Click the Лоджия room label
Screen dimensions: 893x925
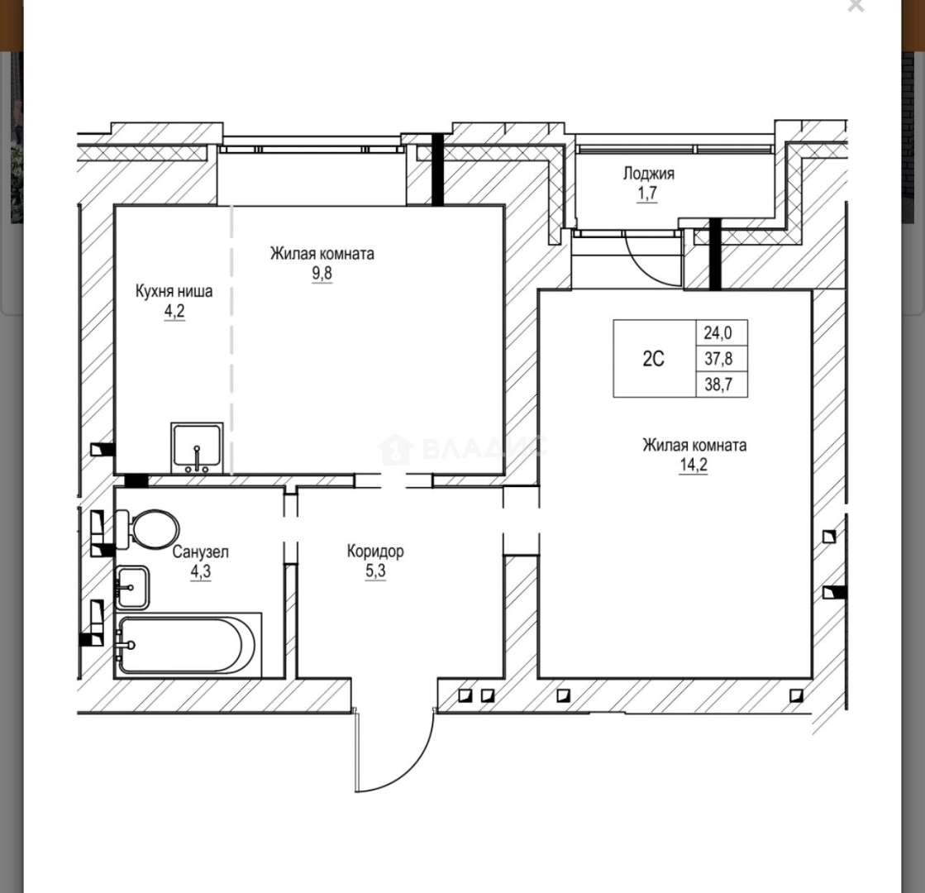[648, 174]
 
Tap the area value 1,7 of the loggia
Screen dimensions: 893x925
[647, 194]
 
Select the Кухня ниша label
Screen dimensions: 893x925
[174, 291]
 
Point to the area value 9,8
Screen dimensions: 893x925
[322, 274]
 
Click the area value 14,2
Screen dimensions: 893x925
[694, 466]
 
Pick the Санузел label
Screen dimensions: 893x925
[200, 552]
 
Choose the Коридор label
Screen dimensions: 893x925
[375, 551]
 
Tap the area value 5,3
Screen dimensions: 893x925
[375, 571]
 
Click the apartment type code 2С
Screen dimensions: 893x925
[653, 359]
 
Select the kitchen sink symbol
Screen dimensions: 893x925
[197, 447]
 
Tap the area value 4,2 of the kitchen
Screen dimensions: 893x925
[174, 312]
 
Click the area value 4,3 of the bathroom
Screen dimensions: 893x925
[200, 571]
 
